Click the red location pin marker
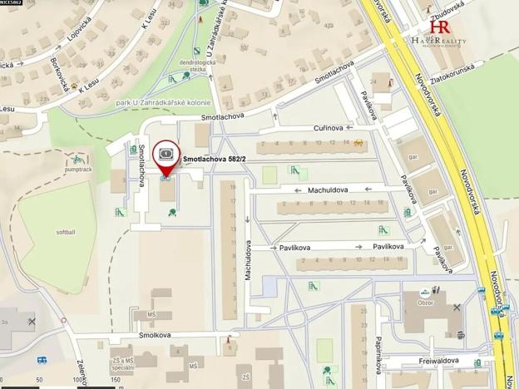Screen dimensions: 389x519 click(166, 154)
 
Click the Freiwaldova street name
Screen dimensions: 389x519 click(444, 362)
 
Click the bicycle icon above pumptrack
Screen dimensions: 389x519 click(77, 158)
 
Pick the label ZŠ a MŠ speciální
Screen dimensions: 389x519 click(123, 362)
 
